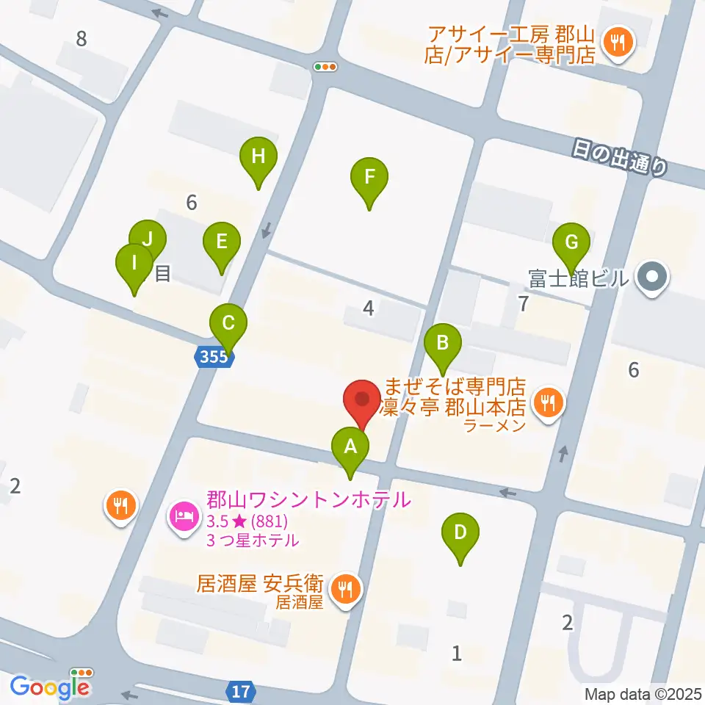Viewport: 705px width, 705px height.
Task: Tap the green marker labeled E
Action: (221, 242)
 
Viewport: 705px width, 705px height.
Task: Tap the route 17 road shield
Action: (242, 691)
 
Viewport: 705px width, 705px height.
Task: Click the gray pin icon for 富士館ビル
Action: (651, 278)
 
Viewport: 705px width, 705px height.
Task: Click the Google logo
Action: (49, 687)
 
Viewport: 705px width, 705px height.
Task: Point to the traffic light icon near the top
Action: (325, 67)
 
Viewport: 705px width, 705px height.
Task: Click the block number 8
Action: (82, 38)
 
